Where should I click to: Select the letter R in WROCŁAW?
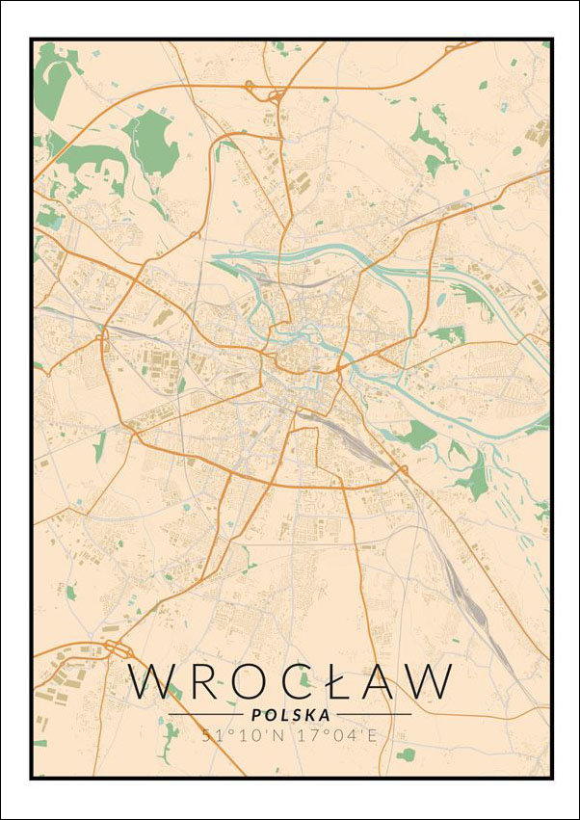[x=207, y=681]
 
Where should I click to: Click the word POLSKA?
[x=290, y=715]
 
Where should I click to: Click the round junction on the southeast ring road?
[x=402, y=471]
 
